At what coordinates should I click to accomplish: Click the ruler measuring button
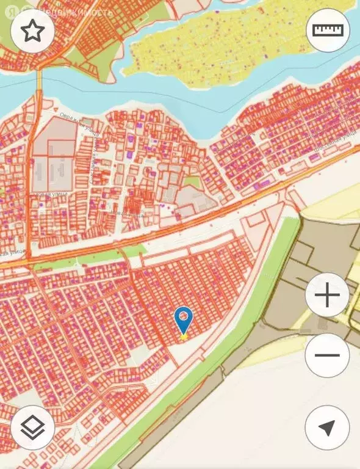pyautogui.click(x=328, y=30)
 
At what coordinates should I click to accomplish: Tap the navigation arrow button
pyautogui.click(x=327, y=427)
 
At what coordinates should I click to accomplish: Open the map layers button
pyautogui.click(x=32, y=427)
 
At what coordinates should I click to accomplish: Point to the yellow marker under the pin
pyautogui.click(x=183, y=335)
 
